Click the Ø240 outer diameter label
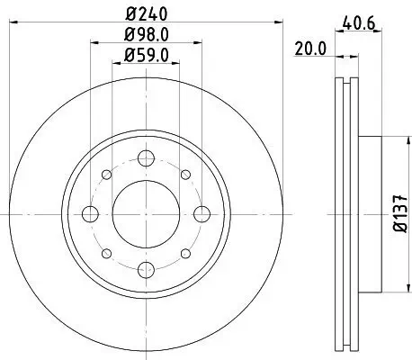click(x=145, y=14)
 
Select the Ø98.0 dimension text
click(x=145, y=36)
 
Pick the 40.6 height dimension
click(x=359, y=26)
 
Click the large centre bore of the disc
click(x=145, y=213)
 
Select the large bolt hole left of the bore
click(x=91, y=213)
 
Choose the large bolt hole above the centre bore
click(x=145, y=159)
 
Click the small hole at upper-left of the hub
click(x=106, y=175)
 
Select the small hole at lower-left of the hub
click(x=106, y=252)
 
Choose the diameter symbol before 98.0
click(x=125, y=36)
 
